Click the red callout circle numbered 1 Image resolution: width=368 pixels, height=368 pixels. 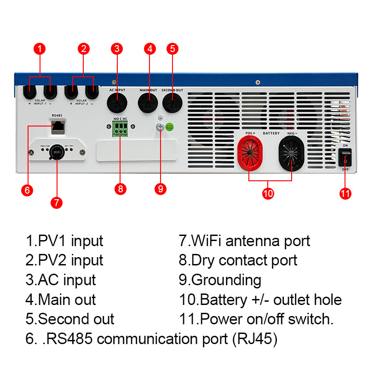tap(40, 49)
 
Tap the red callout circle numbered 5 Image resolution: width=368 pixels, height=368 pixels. tap(172, 49)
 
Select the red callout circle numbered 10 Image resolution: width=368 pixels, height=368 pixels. tap(268, 193)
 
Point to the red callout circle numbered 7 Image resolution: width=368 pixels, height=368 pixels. tap(56, 202)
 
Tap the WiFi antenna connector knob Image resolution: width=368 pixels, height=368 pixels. tap(57, 152)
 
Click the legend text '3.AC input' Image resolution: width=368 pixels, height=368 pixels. tap(61, 280)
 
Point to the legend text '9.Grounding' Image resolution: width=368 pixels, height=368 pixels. tap(220, 280)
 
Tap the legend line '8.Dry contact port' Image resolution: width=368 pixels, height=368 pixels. tap(238, 260)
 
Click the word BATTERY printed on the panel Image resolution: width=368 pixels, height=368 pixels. tap(271, 133)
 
